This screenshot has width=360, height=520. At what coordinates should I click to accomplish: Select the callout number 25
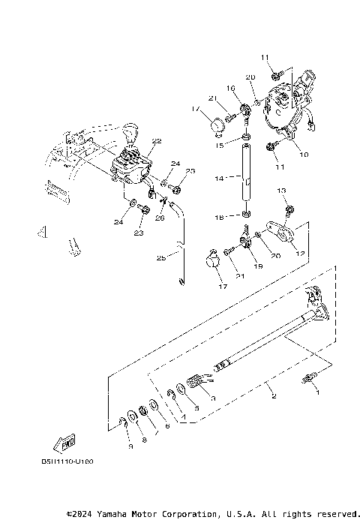tap(160, 257)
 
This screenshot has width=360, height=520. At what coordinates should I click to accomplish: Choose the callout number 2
tap(274, 395)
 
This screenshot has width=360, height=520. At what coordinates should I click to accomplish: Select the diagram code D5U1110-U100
tap(73, 461)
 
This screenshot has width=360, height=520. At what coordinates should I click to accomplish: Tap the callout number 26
tap(160, 219)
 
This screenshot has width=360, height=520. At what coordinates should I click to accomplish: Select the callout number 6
tap(167, 425)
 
